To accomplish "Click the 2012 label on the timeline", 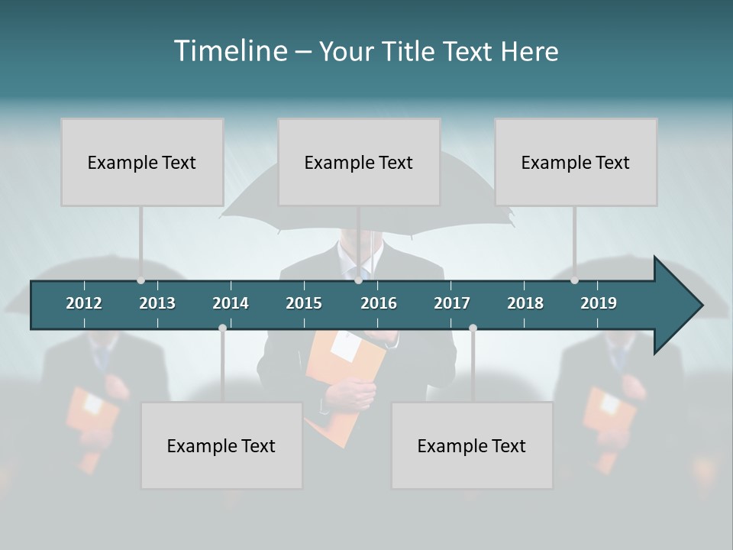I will pyautogui.click(x=84, y=303).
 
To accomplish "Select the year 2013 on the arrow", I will pyautogui.click(x=157, y=303).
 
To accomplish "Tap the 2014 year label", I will pyautogui.click(x=231, y=303).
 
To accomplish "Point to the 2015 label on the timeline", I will pyautogui.click(x=304, y=303).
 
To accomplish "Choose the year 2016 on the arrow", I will pyautogui.click(x=379, y=303).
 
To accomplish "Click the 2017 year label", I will pyautogui.click(x=452, y=303).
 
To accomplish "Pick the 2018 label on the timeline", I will pyautogui.click(x=525, y=303).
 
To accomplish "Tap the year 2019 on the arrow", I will pyautogui.click(x=599, y=303).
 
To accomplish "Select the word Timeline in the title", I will pyautogui.click(x=231, y=50).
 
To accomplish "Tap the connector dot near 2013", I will pyautogui.click(x=140, y=280).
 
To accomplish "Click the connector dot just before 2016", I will pyautogui.click(x=358, y=280).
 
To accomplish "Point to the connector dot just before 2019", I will pyautogui.click(x=574, y=280).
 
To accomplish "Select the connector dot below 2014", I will pyautogui.click(x=222, y=328).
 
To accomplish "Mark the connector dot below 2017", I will pyautogui.click(x=473, y=328).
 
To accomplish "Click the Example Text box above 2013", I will pyautogui.click(x=142, y=162).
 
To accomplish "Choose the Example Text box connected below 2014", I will pyautogui.click(x=221, y=445).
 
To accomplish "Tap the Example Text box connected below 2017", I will pyautogui.click(x=472, y=445).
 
